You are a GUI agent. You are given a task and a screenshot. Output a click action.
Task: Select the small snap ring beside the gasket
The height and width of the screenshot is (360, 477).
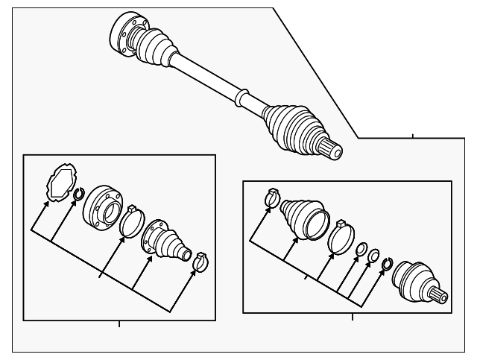click(x=78, y=196)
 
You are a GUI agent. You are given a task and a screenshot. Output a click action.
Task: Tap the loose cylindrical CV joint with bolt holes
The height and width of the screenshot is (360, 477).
click(x=101, y=209)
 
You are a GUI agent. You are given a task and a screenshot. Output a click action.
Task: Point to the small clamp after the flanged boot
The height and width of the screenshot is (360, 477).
click(x=200, y=261)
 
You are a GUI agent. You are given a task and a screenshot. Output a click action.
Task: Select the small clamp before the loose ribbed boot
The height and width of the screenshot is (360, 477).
click(x=272, y=198)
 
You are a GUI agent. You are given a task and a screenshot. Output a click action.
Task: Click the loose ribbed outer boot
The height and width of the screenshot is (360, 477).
click(x=304, y=218)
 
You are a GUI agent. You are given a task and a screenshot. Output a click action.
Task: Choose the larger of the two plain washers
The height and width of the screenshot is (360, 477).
click(x=360, y=250)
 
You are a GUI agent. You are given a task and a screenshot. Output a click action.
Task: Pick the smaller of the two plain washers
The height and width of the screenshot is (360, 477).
click(x=374, y=256)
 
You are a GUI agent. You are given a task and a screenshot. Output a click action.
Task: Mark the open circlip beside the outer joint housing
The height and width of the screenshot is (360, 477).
click(x=387, y=264)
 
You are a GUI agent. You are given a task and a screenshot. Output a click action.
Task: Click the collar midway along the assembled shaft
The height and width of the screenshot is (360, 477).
click(x=241, y=97)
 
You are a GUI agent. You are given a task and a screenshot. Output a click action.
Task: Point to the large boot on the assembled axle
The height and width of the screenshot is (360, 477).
click(x=293, y=127)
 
